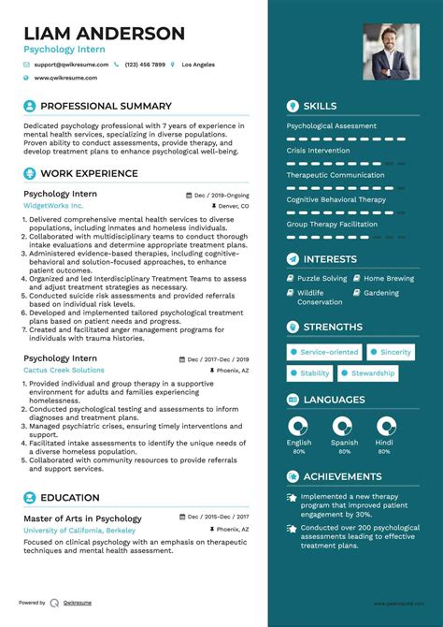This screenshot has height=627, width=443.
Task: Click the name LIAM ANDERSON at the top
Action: pyautogui.click(x=105, y=34)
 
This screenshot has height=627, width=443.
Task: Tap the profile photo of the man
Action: pyautogui.click(x=391, y=51)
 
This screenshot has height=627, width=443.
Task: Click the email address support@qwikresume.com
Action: pyautogui.click(x=71, y=65)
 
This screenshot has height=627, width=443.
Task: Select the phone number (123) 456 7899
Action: pyautogui.click(x=144, y=65)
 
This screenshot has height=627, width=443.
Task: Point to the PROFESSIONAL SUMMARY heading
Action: pyautogui.click(x=106, y=107)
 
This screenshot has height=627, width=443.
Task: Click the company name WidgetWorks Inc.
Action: pyautogui.click(x=53, y=205)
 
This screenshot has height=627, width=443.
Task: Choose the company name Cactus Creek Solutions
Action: pyautogui.click(x=64, y=371)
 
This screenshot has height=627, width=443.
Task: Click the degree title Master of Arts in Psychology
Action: pyautogui.click(x=82, y=518)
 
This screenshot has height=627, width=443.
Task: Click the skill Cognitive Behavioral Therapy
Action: pyautogui.click(x=336, y=199)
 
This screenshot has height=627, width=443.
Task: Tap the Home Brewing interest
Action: pyautogui.click(x=388, y=278)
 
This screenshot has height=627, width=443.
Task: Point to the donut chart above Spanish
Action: pyautogui.click(x=344, y=427)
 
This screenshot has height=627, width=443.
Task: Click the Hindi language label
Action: pyautogui.click(x=384, y=443)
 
